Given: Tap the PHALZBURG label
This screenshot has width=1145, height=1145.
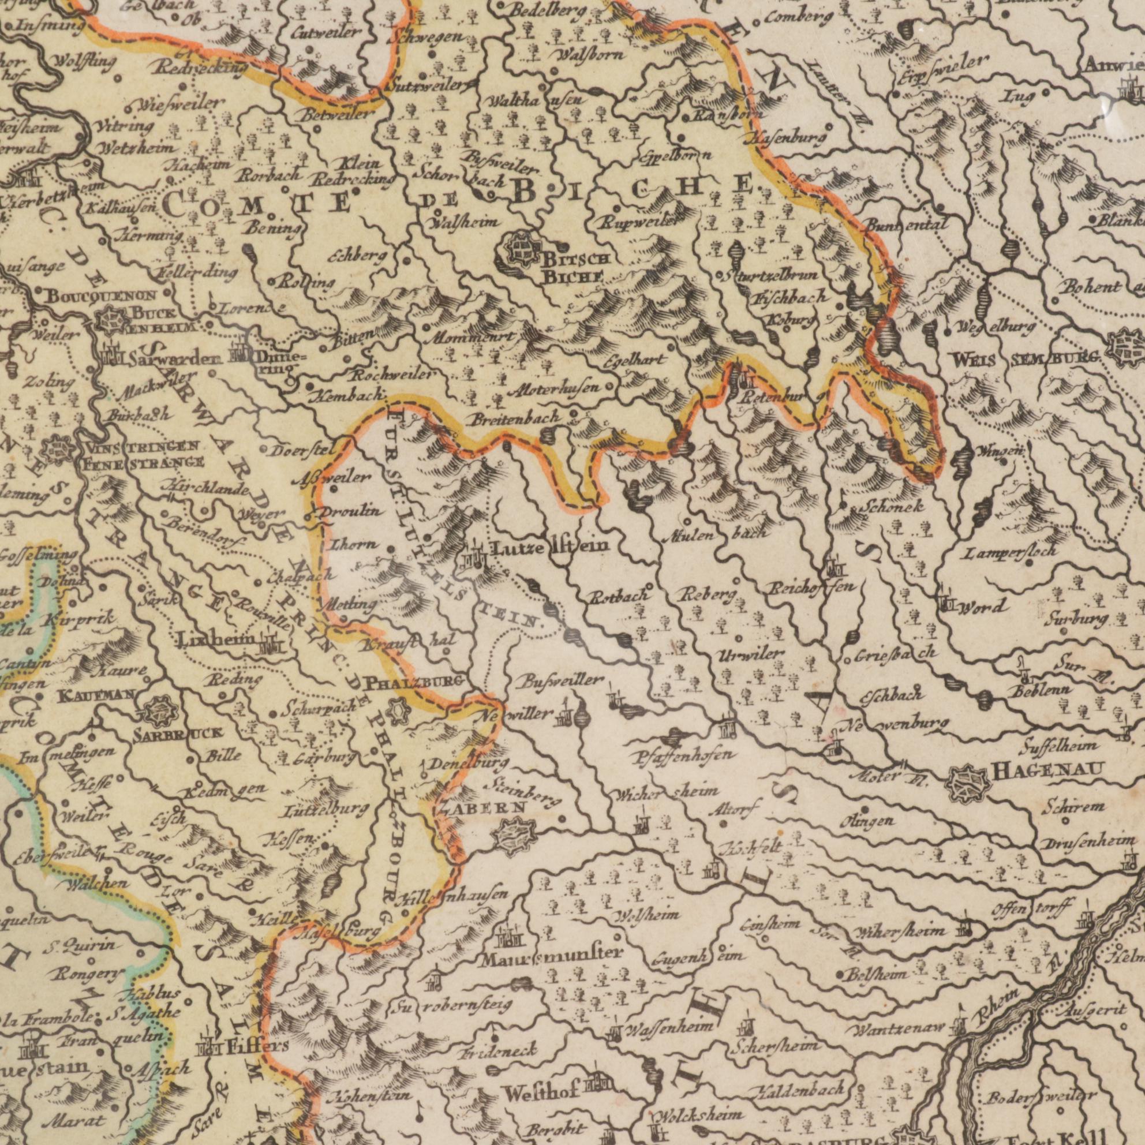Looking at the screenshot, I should click(413, 684).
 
